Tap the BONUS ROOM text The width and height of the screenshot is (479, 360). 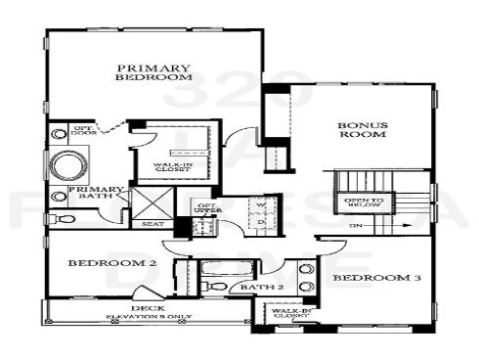pos(363,130)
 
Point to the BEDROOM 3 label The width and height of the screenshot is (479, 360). pos(376,279)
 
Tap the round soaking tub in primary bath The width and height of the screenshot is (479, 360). pos(69,164)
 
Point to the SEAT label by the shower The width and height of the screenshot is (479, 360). pos(152,224)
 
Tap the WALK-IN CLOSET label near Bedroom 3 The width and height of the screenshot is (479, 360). pos(290,313)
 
